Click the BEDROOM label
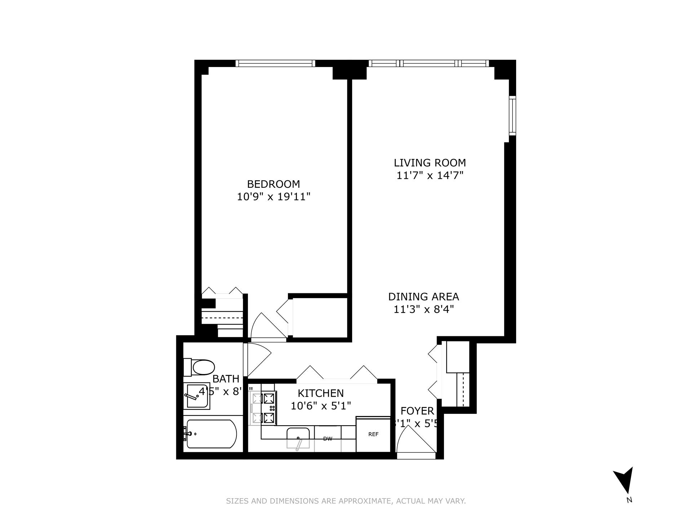tap(273, 184)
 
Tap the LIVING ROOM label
tap(430, 163)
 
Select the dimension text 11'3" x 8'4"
tap(423, 310)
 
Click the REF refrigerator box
tap(373, 434)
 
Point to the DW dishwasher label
tap(327, 439)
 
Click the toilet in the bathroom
tap(200, 367)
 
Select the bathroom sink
tap(197, 396)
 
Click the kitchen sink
tap(298, 438)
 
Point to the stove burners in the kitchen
tap(263, 408)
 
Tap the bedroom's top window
tap(275, 63)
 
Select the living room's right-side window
tap(512, 115)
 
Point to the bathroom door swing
tap(256, 359)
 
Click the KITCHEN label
tap(320, 393)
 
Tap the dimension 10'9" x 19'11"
tap(273, 197)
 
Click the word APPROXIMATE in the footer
tap(364, 501)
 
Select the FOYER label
tap(417, 411)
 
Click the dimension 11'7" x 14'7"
tap(430, 176)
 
